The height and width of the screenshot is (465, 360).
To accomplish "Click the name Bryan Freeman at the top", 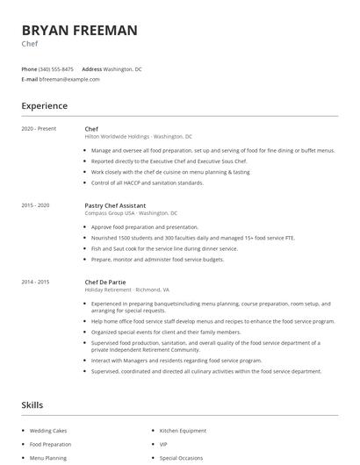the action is [79, 31].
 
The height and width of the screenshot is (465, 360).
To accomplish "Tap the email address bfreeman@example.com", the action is [69, 79].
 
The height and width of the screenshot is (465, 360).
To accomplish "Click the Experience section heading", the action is [44, 106].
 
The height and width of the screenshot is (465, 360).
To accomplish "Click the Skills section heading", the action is [32, 405].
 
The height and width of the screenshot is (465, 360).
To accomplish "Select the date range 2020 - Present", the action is [39, 129].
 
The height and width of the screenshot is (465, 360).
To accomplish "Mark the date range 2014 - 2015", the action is [35, 282].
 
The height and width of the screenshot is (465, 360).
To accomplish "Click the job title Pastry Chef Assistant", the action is [115, 205].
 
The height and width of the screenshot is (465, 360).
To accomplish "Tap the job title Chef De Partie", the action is [104, 282].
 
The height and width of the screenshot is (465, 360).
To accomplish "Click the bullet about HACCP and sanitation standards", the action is [147, 182].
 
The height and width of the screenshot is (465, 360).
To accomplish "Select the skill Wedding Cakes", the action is [47, 431].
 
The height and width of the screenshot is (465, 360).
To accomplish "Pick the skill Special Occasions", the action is [181, 458].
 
